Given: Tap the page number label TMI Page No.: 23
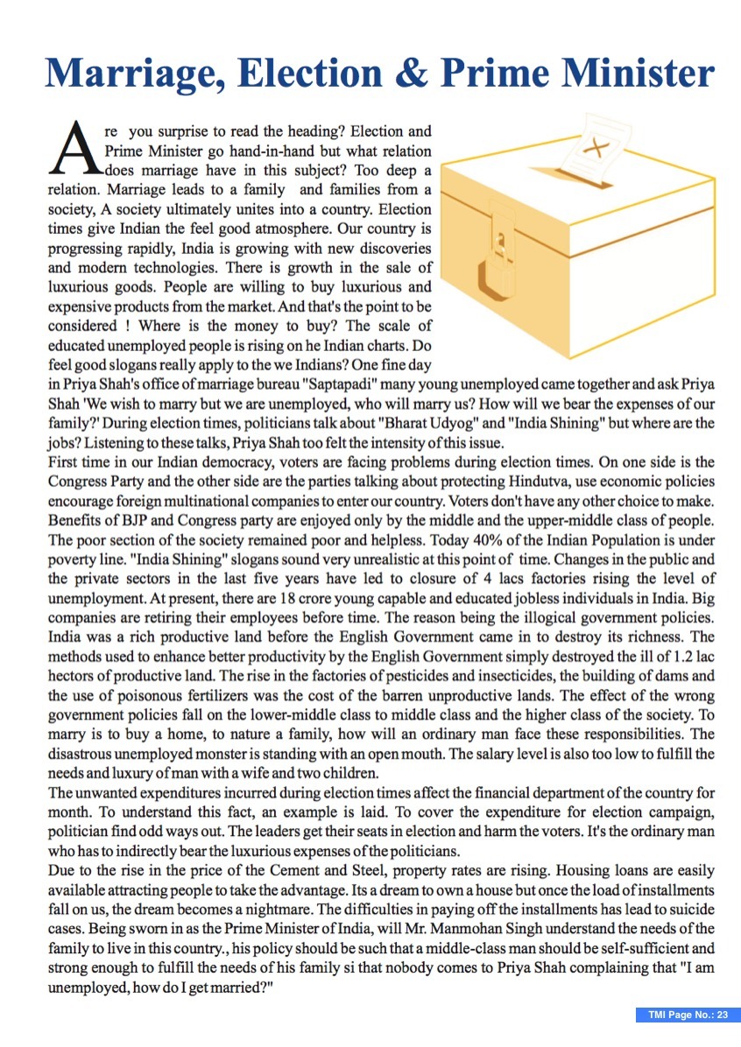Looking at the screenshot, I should pos(688,1015).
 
